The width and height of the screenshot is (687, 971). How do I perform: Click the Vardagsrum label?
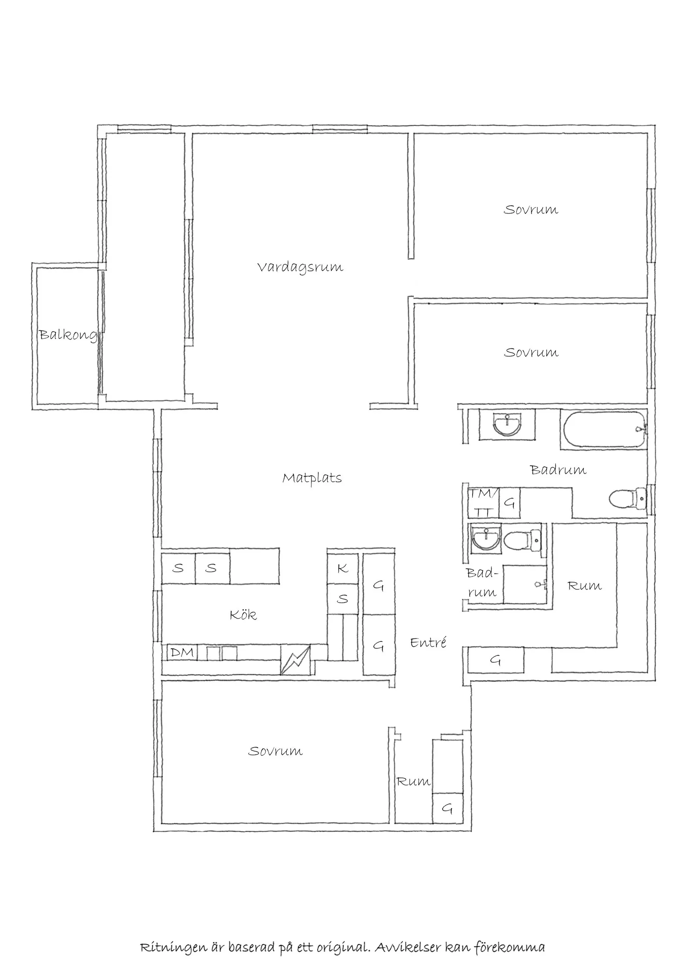300,267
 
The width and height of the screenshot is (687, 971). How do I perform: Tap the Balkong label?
68,335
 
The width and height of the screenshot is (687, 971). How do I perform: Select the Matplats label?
312,478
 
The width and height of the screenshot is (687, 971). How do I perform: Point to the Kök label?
243,615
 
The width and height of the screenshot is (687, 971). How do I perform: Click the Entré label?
428,643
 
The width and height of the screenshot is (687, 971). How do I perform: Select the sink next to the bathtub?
507,424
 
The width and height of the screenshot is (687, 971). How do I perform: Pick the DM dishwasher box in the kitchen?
182,653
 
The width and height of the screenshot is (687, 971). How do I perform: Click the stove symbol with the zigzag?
295,660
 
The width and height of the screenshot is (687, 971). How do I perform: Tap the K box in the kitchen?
343,569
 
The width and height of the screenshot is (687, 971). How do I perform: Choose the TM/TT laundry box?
483,503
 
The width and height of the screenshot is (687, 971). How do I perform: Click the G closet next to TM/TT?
510,503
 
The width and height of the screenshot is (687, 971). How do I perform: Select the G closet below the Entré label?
495,660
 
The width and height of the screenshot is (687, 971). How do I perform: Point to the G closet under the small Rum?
447,809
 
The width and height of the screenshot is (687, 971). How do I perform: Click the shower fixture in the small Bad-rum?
540,584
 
